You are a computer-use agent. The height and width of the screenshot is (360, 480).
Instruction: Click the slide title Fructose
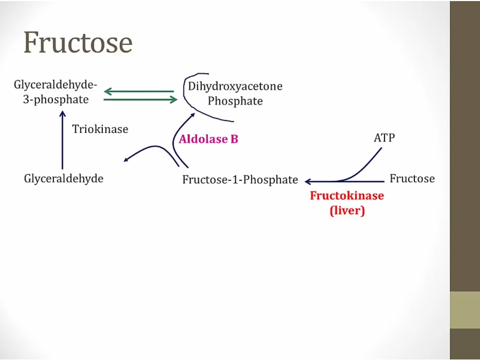click(x=78, y=42)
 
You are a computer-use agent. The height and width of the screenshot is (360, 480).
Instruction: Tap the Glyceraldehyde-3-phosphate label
click(x=55, y=92)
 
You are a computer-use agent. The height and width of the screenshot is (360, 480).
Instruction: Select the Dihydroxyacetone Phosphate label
click(x=235, y=93)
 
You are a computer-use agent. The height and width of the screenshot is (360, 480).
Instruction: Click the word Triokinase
click(x=100, y=129)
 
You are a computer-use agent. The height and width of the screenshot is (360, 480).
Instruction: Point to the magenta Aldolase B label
click(x=209, y=140)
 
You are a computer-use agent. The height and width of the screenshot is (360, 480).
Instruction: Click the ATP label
click(x=385, y=138)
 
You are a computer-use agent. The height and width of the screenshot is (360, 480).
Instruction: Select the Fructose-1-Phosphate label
click(x=240, y=180)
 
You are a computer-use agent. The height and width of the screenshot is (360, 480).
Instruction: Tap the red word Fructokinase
click(x=347, y=196)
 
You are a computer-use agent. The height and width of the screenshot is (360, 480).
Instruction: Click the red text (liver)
click(x=347, y=211)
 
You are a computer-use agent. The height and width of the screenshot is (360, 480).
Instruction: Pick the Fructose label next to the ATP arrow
click(x=412, y=179)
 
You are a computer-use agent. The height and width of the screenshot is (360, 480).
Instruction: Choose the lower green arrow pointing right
click(x=140, y=99)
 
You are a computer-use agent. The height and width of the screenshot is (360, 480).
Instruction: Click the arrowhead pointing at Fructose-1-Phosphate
click(x=308, y=182)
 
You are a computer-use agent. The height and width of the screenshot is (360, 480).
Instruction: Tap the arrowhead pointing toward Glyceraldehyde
click(x=126, y=159)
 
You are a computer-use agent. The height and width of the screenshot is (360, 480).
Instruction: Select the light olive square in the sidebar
click(x=465, y=310)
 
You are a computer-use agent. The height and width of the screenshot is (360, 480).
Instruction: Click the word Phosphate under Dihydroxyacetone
click(x=235, y=101)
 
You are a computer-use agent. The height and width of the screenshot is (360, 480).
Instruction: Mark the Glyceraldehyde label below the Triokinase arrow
click(x=63, y=179)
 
